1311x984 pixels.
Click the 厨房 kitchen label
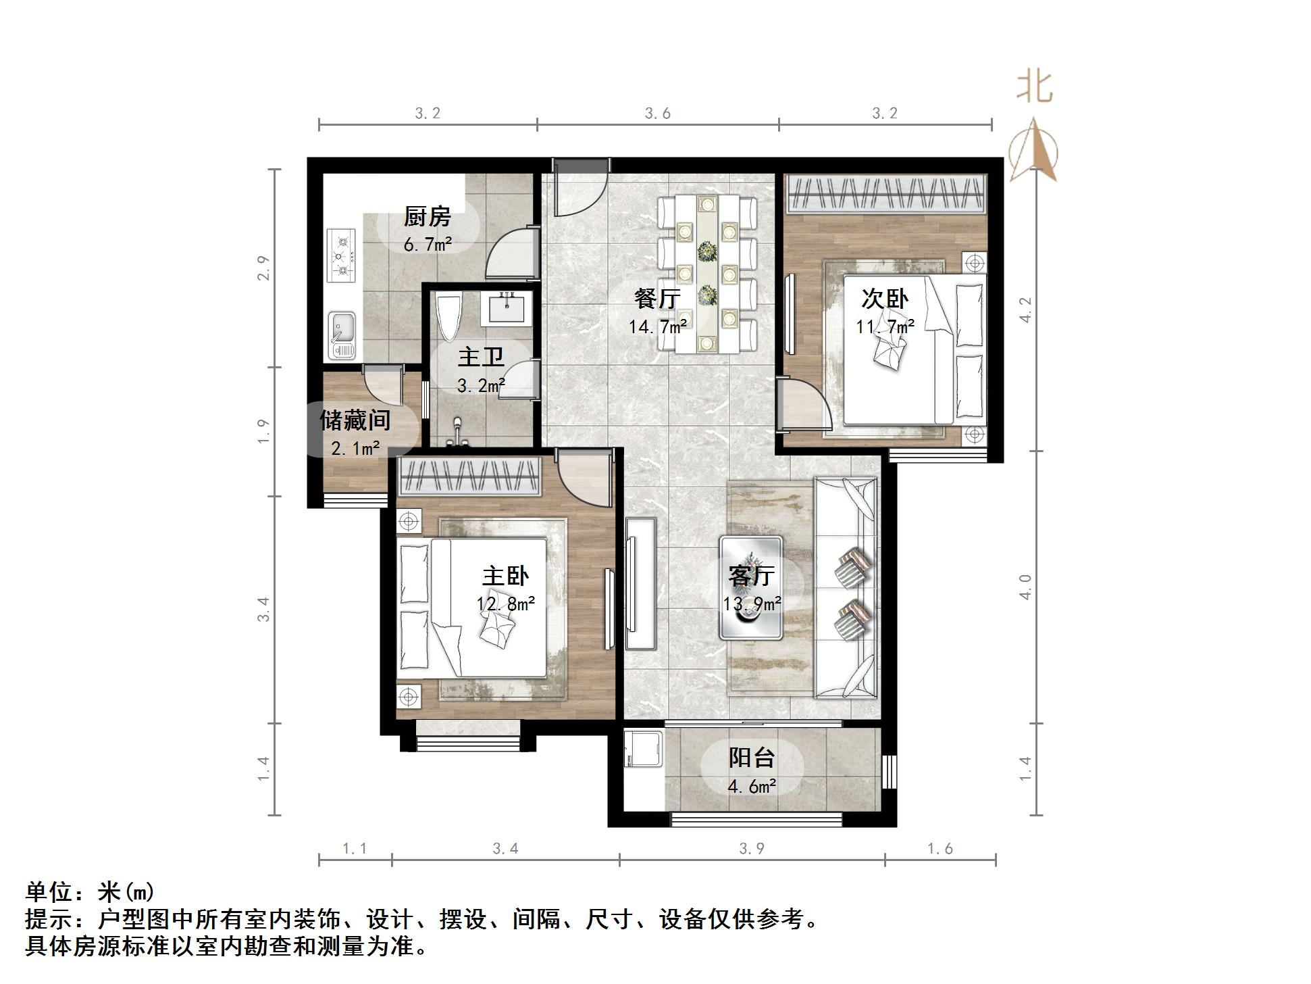(x=427, y=217)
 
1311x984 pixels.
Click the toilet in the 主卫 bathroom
(x=448, y=318)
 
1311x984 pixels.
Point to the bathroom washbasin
(x=506, y=310)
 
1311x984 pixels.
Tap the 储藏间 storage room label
(x=355, y=420)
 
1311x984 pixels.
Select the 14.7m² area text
(x=658, y=327)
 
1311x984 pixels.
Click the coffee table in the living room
(x=751, y=587)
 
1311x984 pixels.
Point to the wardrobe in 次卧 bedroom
(x=885, y=193)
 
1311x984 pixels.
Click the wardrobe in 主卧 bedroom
(x=470, y=476)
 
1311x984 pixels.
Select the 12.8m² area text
(x=506, y=604)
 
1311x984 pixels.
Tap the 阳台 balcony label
(x=751, y=758)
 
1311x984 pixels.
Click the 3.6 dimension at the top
(x=657, y=114)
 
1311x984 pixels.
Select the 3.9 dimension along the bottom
(x=751, y=849)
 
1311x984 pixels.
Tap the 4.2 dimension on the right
(x=1025, y=310)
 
